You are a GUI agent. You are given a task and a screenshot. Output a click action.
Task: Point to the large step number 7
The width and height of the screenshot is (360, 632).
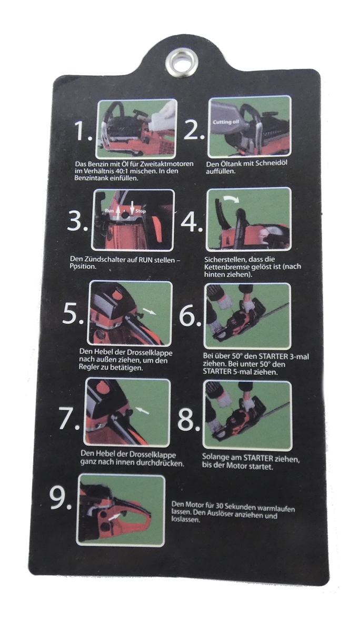tap(68, 418)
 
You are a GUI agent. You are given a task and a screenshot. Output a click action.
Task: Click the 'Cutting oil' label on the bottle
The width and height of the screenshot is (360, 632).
tap(226, 122)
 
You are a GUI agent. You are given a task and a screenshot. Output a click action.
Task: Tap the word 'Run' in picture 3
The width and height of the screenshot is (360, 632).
tap(109, 211)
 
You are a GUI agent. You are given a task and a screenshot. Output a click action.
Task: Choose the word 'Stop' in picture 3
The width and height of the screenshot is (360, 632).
tap(141, 211)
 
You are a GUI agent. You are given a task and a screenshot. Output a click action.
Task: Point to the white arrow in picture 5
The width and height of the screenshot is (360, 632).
tap(149, 311)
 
